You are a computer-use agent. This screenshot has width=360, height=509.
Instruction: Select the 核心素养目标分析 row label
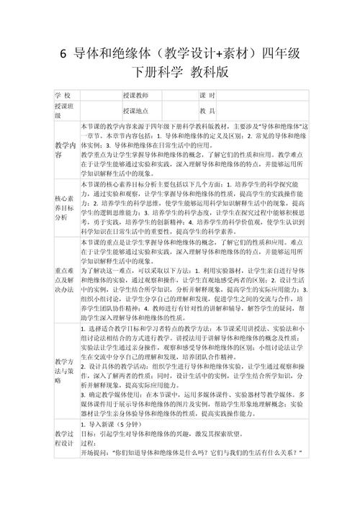pyautogui.click(x=63, y=207)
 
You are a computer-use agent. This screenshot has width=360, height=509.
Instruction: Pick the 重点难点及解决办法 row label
pyautogui.click(x=63, y=279)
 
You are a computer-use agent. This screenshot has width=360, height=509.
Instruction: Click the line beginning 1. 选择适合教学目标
pyautogui.click(x=194, y=328)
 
